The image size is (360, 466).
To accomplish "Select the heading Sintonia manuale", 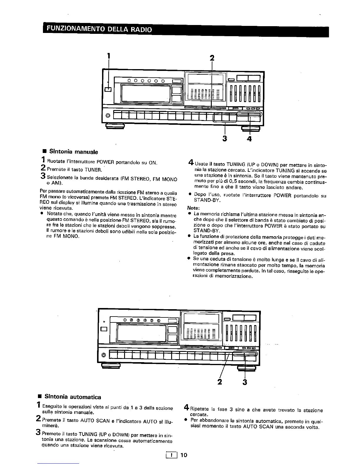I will (74, 152).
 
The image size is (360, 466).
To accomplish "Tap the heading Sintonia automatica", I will (73, 397).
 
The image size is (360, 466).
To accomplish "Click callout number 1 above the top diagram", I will (109, 55).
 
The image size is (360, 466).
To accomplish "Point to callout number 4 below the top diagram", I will (249, 139).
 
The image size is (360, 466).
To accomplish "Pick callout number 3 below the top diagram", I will (225, 139).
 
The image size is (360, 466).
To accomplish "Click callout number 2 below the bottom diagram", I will (219, 382).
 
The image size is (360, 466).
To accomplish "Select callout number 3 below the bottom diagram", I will (245, 382).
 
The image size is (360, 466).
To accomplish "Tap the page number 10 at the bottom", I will (184, 455).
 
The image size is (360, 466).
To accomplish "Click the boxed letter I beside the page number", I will (171, 455).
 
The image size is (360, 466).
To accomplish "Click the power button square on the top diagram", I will (108, 89).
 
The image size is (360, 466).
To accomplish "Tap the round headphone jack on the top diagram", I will (108, 116).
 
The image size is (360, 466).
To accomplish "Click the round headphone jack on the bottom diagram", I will (104, 355).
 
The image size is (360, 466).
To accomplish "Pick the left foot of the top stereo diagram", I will (115, 127).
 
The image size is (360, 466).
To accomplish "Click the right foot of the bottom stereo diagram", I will (247, 367).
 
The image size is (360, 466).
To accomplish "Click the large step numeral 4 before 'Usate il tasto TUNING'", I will (191, 162).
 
